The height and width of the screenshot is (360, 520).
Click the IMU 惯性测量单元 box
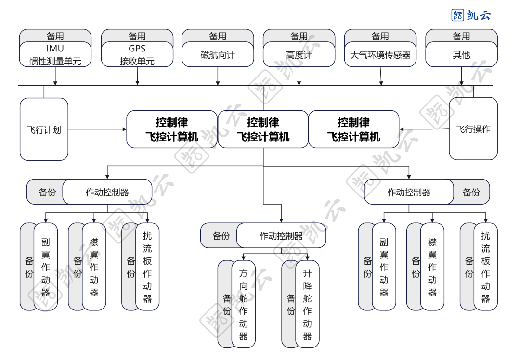(55, 54)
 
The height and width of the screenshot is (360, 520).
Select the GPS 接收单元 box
(137, 54)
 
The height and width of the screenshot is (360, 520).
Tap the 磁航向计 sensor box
(218, 54)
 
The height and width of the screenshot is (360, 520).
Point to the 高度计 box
(299, 54)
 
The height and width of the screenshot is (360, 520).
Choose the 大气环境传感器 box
(380, 54)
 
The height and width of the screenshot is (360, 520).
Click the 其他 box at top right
(461, 54)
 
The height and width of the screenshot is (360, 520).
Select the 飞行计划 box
(44, 129)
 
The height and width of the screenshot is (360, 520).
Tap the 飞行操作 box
(473, 129)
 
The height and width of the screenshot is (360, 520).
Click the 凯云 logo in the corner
(470, 15)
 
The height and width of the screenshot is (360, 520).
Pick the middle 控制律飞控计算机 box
(263, 129)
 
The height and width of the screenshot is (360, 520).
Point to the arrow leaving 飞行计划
(96, 129)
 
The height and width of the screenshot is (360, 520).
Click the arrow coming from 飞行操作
(424, 129)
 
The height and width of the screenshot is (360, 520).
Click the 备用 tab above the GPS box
(137, 36)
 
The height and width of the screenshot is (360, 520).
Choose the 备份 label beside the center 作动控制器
(221, 236)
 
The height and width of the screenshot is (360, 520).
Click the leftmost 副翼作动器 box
(46, 267)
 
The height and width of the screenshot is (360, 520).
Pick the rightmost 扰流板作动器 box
(485, 267)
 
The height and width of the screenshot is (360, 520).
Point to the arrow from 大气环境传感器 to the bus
(381, 76)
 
